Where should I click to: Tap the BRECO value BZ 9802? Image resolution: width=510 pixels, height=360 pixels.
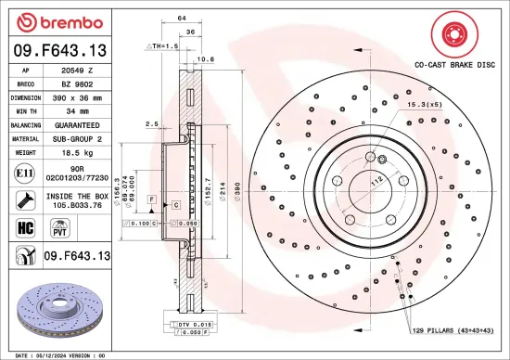77,83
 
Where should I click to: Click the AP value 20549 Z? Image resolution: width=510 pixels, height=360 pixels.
77,70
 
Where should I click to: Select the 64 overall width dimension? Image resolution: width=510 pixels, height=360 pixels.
182,19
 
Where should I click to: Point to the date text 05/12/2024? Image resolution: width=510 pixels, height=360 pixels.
56,354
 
